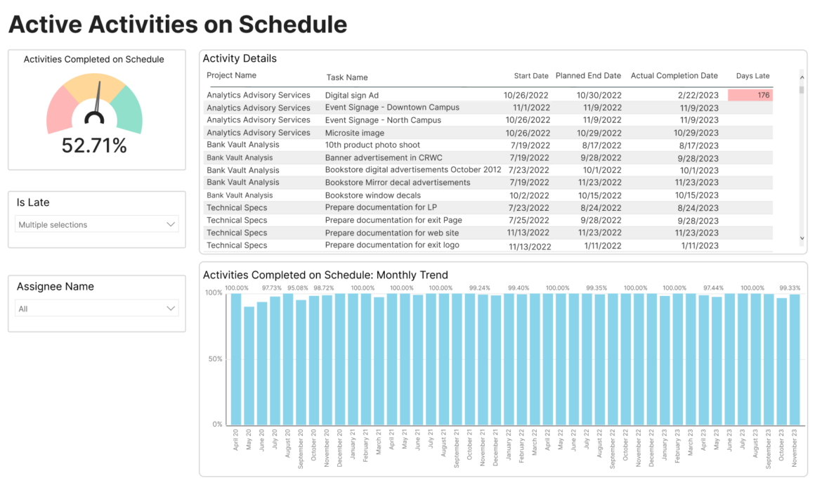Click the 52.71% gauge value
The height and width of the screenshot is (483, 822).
click(x=94, y=146)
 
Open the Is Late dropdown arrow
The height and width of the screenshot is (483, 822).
click(x=170, y=224)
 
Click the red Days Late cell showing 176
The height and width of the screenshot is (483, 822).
click(x=750, y=95)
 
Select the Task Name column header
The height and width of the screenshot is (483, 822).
click(x=346, y=77)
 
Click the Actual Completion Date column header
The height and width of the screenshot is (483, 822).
click(x=674, y=76)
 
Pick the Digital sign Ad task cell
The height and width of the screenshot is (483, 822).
click(x=352, y=95)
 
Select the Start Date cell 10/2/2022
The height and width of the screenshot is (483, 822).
click(x=529, y=195)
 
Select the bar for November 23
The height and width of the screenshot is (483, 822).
click(x=795, y=359)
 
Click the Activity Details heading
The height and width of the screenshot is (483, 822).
click(x=240, y=58)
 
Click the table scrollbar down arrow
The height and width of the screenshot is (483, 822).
click(x=802, y=239)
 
